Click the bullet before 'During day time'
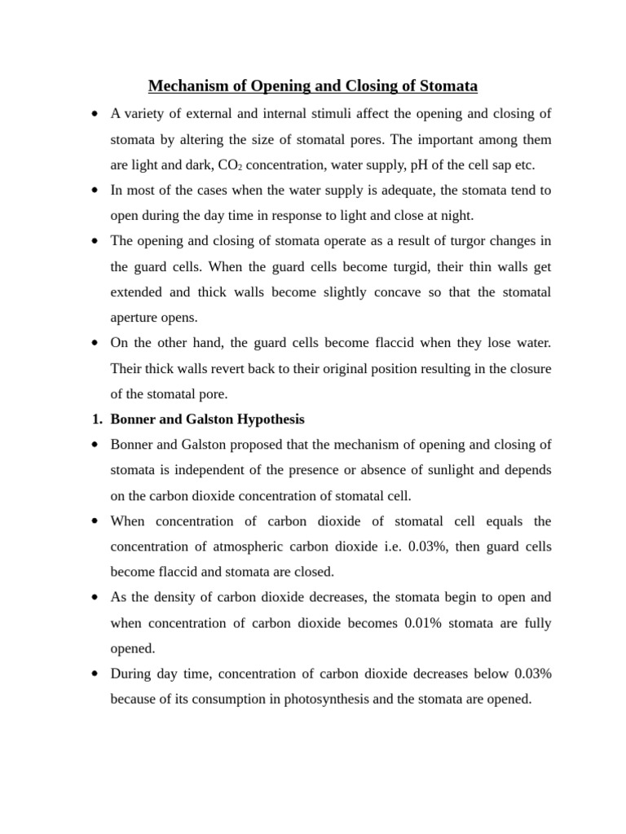pyautogui.click(x=96, y=674)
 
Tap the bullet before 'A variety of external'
pyautogui.click(x=96, y=113)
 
